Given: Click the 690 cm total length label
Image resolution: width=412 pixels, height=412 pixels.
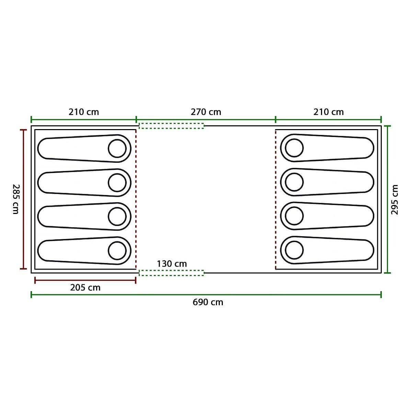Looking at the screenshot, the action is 208,302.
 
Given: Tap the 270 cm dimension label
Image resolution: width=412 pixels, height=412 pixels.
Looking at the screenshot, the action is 206,112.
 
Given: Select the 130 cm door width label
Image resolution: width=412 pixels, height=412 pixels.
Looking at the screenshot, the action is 172,264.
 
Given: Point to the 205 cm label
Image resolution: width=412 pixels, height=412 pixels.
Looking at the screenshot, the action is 85,288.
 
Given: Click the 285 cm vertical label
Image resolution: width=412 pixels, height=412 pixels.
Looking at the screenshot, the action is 16,199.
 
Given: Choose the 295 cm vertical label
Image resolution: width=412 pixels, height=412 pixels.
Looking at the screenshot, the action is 394,199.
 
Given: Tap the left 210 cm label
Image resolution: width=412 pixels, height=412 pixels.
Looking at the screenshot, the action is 83,112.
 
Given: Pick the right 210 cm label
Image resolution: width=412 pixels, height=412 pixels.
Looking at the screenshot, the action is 329,112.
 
